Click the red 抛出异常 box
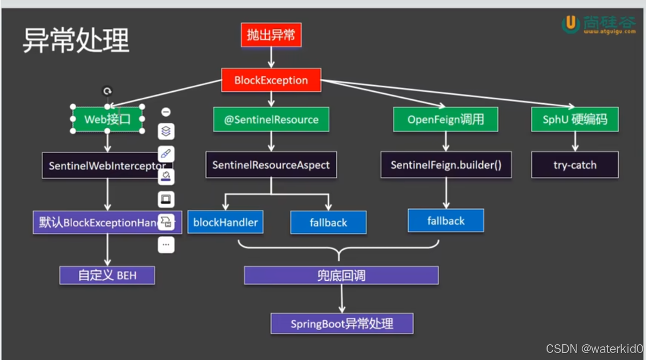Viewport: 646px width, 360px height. point(271,36)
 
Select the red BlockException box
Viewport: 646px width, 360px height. point(271,80)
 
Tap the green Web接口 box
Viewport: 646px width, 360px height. point(108,119)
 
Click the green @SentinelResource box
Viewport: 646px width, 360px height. point(271,119)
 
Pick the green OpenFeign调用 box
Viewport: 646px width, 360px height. point(446,119)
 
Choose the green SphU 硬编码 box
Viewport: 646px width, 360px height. point(575,119)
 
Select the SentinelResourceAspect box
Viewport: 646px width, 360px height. point(271,165)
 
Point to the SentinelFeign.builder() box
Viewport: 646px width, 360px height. point(446,165)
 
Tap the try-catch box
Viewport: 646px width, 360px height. point(575,165)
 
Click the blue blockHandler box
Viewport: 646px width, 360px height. point(225,222)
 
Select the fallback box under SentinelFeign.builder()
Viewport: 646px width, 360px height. point(446,221)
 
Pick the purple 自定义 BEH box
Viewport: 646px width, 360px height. point(107,275)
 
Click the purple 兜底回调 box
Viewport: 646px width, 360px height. point(341,275)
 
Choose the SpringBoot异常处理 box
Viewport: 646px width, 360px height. point(342,324)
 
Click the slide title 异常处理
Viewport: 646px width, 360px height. point(76,41)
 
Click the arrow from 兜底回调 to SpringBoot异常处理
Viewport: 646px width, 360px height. point(342,298)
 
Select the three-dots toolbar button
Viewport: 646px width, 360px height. point(166,245)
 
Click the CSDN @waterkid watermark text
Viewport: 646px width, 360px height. point(594,349)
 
